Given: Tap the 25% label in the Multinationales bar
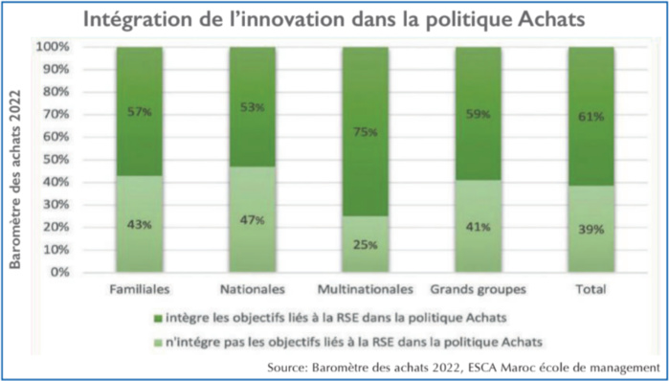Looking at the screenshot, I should pos(364,244).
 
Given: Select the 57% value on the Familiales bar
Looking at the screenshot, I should pos(139,112).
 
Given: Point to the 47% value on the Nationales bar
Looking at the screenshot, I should pos(252,219).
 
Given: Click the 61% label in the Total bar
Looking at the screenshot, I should pos(591,117).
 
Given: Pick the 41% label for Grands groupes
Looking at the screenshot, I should pos(478,227).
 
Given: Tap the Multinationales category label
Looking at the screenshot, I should pos(365,288).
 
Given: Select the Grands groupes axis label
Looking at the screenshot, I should pos(478,288).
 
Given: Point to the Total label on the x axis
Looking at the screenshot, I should pos(591,288).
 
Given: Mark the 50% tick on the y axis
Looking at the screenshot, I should pos(54,159).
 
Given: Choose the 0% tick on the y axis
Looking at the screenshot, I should pos(57,272).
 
